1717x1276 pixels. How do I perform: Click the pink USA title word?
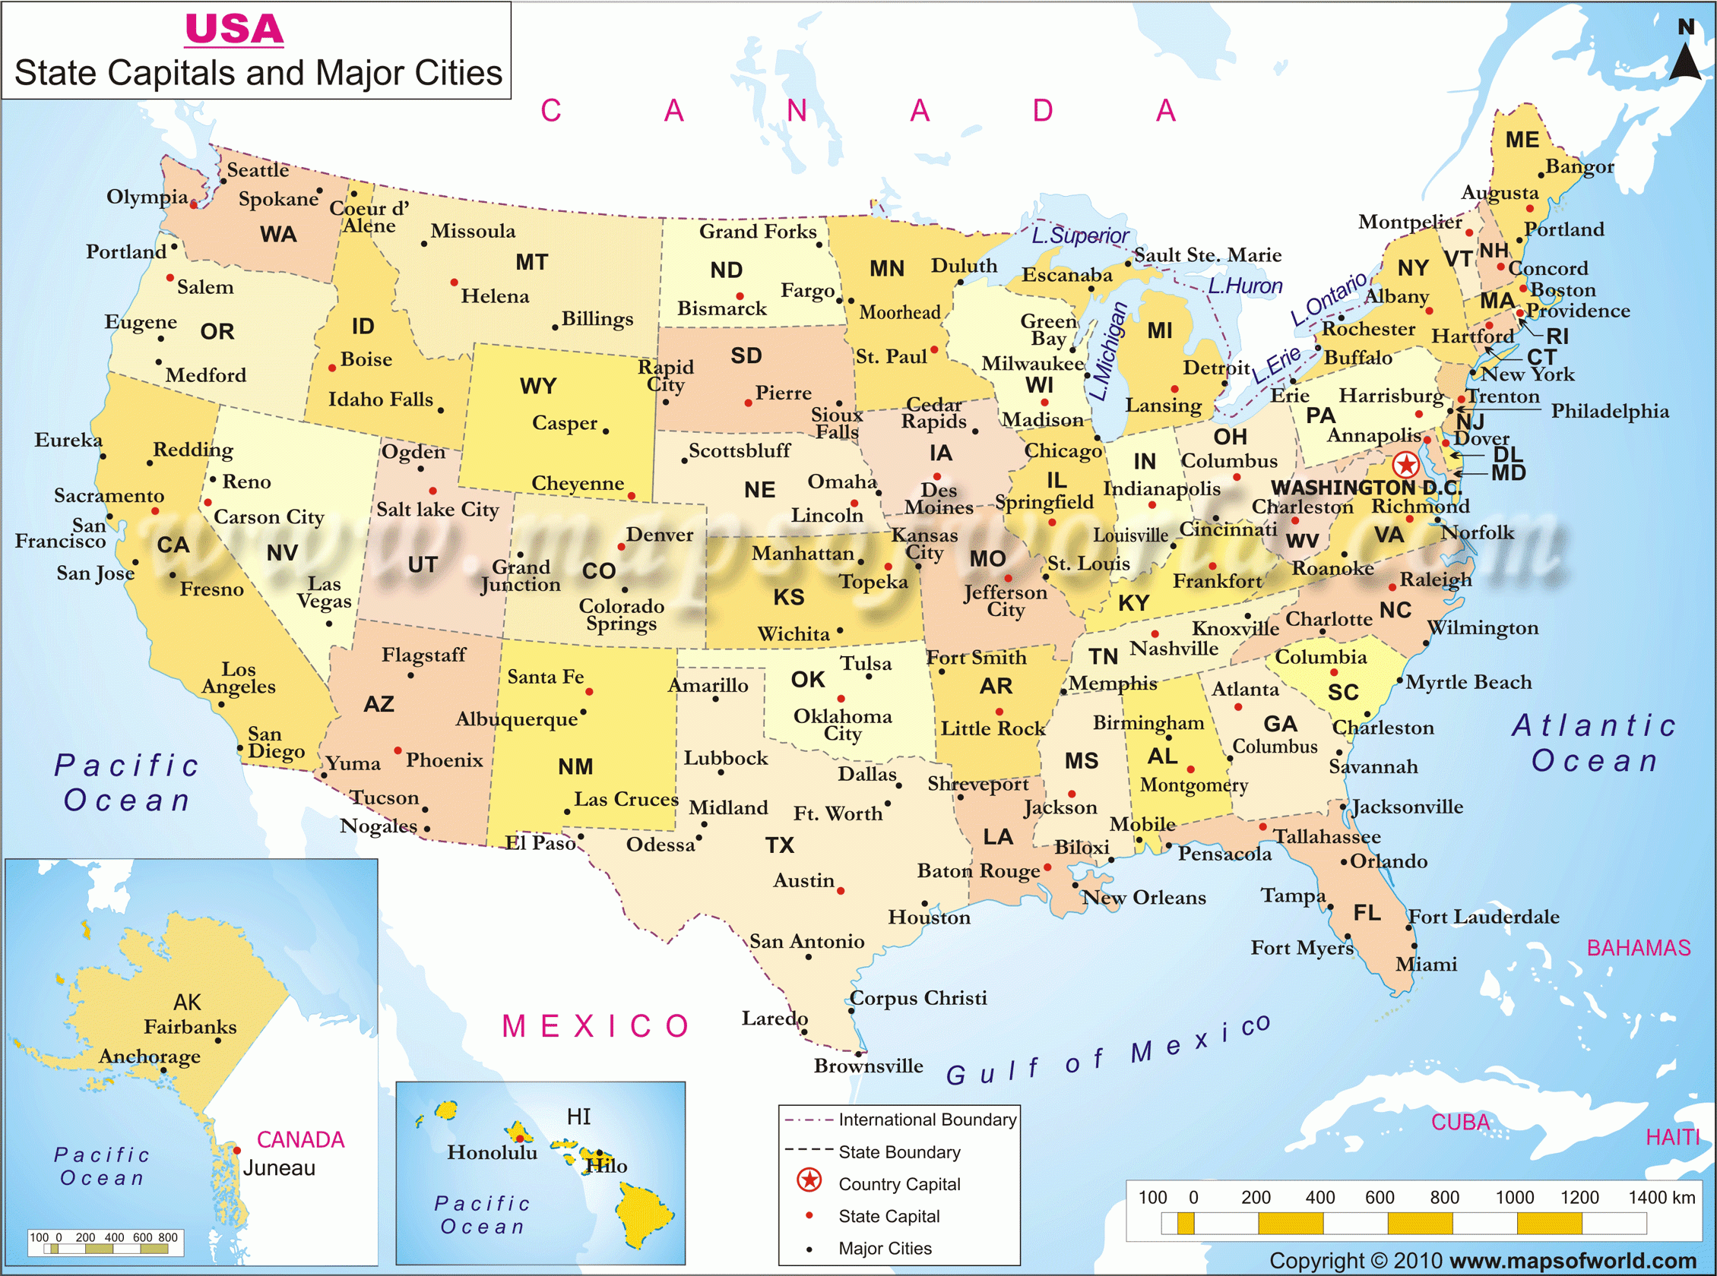234,30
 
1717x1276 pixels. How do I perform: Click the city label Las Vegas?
324,592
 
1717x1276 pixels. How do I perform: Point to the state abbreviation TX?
780,845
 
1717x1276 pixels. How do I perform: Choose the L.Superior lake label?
1079,235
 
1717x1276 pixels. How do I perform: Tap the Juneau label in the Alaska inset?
279,1168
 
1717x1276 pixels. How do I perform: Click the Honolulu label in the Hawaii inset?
492,1152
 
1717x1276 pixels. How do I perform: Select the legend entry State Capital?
889,1217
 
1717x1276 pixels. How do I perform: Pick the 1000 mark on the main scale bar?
1515,1198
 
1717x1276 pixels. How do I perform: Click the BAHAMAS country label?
1638,948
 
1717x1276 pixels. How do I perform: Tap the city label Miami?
1426,964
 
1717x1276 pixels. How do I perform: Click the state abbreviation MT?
531,263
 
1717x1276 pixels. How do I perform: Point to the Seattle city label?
258,170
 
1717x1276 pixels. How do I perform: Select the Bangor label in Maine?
1579,166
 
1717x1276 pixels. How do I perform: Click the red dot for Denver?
620,547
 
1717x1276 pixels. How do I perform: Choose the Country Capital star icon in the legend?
809,1180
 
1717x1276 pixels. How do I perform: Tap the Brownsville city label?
868,1066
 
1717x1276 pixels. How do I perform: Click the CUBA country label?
1459,1123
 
